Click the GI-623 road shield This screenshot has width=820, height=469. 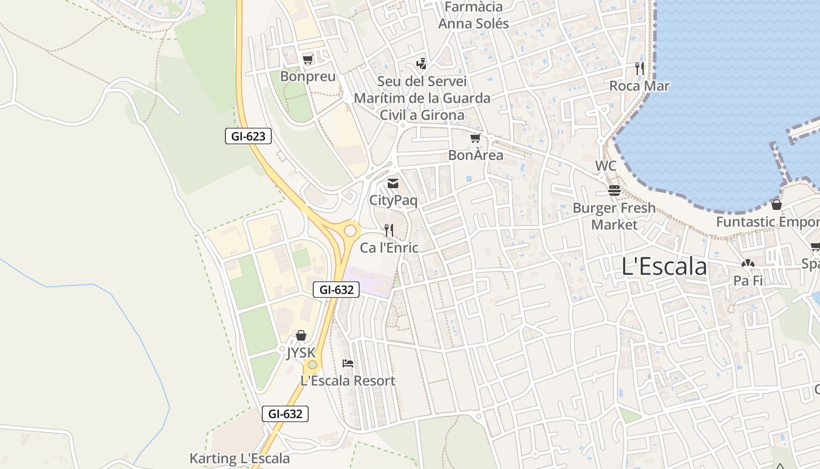point(248,137)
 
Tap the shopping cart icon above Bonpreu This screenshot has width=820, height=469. point(307,59)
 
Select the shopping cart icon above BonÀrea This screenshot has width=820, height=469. point(475,138)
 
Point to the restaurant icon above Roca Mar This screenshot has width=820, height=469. point(639,69)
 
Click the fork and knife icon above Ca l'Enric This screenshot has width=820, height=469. point(388,230)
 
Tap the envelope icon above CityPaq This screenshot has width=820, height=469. point(393,183)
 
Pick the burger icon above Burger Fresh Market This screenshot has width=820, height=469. point(614,191)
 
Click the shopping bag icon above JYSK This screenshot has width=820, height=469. point(301,335)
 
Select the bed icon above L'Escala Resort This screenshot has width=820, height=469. point(348,363)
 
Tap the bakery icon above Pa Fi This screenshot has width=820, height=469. point(748,263)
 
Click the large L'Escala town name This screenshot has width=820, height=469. point(664,267)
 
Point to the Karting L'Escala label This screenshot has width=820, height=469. point(240,458)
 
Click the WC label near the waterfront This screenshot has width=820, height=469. point(606,166)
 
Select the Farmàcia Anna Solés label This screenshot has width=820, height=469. point(474,15)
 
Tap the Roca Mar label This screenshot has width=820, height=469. point(639,86)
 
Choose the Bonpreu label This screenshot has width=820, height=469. point(307,77)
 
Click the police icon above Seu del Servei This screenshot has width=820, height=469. point(421,63)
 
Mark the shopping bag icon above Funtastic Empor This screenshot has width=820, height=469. point(776,205)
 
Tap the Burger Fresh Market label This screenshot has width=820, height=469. point(614,216)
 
